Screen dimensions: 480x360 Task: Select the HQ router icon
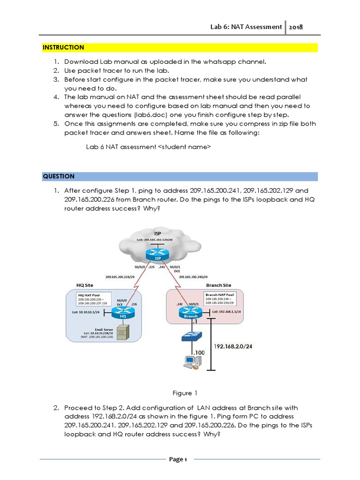tap(123, 313)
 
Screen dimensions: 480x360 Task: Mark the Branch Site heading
tap(219, 285)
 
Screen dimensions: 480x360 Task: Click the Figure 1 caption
tap(181, 393)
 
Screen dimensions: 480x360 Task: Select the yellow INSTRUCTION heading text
tap(63, 47)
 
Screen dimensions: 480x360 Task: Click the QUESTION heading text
tap(59, 176)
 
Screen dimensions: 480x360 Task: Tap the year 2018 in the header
tap(296, 27)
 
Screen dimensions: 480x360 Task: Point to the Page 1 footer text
tap(178, 459)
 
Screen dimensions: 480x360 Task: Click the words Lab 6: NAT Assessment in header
tap(246, 27)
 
